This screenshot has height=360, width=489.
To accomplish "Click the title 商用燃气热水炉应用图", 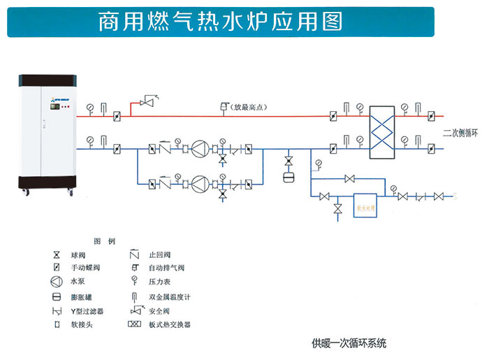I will [220, 21].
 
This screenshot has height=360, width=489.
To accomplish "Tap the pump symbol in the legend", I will [56, 282].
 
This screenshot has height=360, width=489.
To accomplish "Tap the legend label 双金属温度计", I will [169, 296].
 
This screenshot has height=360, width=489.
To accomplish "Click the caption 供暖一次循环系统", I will [349, 344].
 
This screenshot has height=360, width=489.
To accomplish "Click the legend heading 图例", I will [104, 241].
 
